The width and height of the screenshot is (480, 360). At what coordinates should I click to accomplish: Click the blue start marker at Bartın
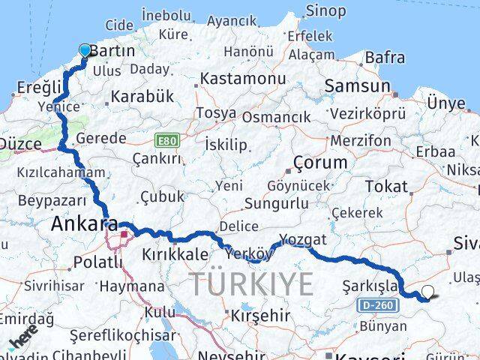click(x=85, y=51)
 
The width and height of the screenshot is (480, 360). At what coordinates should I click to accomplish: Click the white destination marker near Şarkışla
click(x=427, y=292)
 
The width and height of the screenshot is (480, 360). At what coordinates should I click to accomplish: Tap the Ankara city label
click(x=85, y=223)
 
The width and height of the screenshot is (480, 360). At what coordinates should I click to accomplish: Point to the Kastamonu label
click(x=242, y=79)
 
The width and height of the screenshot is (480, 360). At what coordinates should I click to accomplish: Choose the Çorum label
click(x=321, y=162)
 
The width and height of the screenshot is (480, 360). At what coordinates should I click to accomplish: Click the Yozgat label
click(x=303, y=240)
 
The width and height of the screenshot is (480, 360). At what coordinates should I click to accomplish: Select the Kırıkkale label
click(x=175, y=255)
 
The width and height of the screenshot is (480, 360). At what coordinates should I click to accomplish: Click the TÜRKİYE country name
click(x=251, y=284)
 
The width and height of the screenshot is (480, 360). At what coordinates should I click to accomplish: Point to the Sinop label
click(x=325, y=10)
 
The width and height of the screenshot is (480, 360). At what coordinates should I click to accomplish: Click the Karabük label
click(x=142, y=96)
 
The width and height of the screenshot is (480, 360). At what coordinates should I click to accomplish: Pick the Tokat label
click(x=386, y=186)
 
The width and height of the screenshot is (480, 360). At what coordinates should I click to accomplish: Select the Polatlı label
click(x=97, y=262)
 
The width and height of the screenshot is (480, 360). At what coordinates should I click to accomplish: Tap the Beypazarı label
click(x=47, y=202)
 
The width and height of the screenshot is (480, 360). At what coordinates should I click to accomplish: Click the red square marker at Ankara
click(x=124, y=234)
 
